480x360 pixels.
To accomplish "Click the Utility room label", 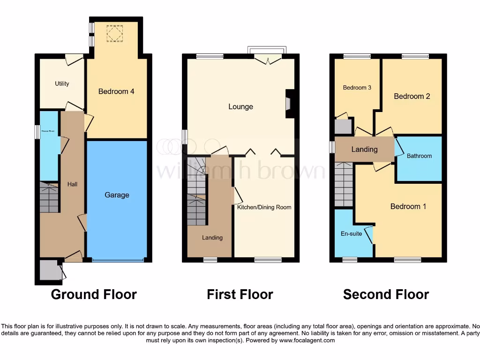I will click(x=62, y=83).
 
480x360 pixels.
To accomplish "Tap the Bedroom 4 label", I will click(x=116, y=91).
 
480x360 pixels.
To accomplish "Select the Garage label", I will click(x=117, y=195).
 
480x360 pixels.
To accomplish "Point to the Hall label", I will click(x=72, y=184).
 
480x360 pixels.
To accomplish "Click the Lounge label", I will click(x=240, y=106).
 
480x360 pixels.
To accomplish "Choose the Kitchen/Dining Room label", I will click(x=264, y=207).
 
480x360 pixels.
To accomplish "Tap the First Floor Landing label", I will click(x=212, y=238).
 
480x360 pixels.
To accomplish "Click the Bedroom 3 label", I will click(x=357, y=88).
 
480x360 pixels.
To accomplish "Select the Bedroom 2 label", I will click(x=412, y=96).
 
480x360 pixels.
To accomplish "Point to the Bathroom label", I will click(x=419, y=156).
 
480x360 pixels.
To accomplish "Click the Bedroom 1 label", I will click(x=408, y=206).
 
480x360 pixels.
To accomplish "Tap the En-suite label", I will click(x=352, y=233).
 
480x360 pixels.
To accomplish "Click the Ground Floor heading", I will click(x=94, y=294).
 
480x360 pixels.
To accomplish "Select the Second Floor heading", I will click(x=386, y=294).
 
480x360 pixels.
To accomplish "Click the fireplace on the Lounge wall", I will click(x=288, y=103).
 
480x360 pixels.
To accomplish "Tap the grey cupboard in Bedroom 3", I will click(x=343, y=127).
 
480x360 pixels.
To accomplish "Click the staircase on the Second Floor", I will click(x=344, y=184).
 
